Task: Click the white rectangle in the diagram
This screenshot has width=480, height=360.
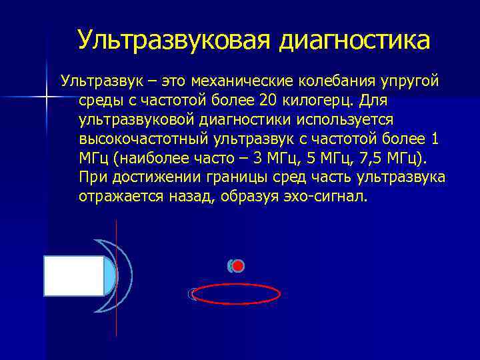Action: (74, 275)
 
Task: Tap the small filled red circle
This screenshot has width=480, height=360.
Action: (238, 266)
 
